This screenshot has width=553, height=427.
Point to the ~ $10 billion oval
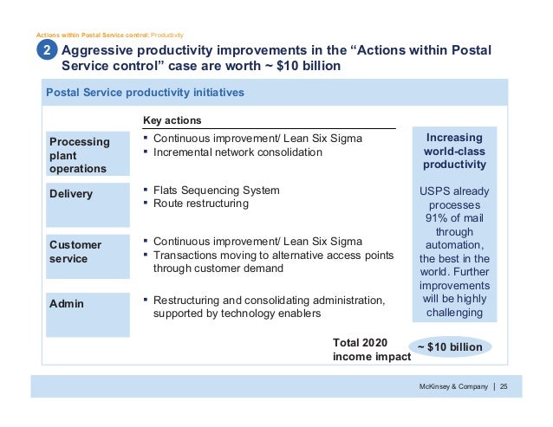[x=449, y=346]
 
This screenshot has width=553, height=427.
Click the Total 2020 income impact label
[x=367, y=349]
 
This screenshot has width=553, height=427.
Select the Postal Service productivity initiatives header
[x=145, y=92]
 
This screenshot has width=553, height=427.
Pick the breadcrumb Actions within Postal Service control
[x=92, y=35]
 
